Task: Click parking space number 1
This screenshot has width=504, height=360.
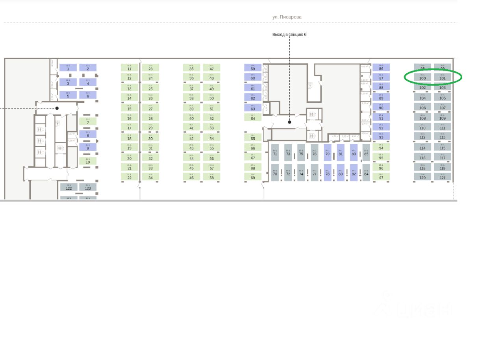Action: tap(68, 68)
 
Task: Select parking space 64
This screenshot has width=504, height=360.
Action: tap(253, 117)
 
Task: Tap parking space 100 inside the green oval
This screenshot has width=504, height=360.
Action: tap(422, 77)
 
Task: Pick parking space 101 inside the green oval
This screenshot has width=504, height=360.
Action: tap(443, 77)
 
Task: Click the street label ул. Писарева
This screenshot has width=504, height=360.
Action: tap(287, 17)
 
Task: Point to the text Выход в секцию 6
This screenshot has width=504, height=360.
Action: tap(289, 35)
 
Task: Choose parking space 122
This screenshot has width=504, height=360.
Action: tap(69, 187)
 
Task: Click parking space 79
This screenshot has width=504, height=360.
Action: tap(328, 152)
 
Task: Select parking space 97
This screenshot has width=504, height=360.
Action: tap(381, 177)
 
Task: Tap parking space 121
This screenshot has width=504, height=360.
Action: tap(443, 177)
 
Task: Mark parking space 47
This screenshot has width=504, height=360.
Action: tap(211, 68)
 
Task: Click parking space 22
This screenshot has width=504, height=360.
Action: tap(129, 177)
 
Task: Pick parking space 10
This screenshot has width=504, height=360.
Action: tap(88, 161)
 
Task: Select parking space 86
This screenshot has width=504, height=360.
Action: tap(381, 68)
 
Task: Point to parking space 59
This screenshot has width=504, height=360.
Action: tap(253, 68)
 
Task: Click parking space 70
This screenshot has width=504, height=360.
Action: tap(275, 173)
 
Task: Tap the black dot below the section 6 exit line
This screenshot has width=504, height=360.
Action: tap(290, 122)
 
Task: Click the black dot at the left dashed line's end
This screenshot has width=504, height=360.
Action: tap(57, 108)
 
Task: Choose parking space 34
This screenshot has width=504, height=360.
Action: tap(150, 177)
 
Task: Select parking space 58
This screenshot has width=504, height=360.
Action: tap(211, 177)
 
